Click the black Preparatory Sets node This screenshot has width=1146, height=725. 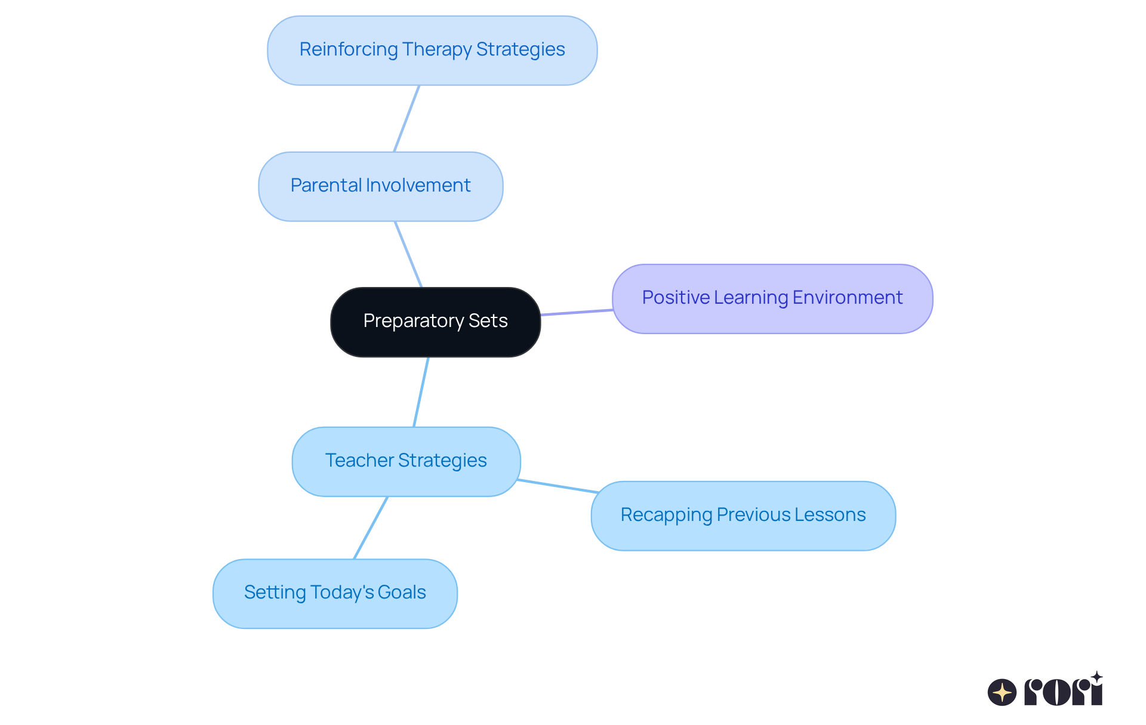pyautogui.click(x=435, y=322)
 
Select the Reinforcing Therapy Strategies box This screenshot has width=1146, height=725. pyautogui.click(x=432, y=50)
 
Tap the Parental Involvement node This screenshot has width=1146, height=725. pyautogui.click(x=380, y=186)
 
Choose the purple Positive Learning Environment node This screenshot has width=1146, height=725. pyautogui.click(x=772, y=298)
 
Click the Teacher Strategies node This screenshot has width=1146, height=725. pyautogui.click(x=406, y=461)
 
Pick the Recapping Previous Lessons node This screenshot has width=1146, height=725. pyautogui.click(x=743, y=516)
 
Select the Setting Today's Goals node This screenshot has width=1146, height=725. pyautogui.click(x=335, y=593)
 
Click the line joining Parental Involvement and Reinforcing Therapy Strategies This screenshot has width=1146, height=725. pyautogui.click(x=406, y=119)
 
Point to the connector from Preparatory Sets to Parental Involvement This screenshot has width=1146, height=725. pyautogui.click(x=408, y=254)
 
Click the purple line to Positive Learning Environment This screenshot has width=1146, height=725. pyautogui.click(x=577, y=312)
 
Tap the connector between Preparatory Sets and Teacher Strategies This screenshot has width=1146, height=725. pyautogui.click(x=421, y=392)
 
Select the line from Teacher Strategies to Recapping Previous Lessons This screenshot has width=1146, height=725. pyautogui.click(x=557, y=486)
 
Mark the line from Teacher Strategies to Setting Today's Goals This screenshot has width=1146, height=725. pyautogui.click(x=371, y=527)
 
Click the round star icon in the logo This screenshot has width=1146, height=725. pyautogui.click(x=1002, y=692)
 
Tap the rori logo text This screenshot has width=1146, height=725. pyautogui.click(x=1064, y=691)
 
